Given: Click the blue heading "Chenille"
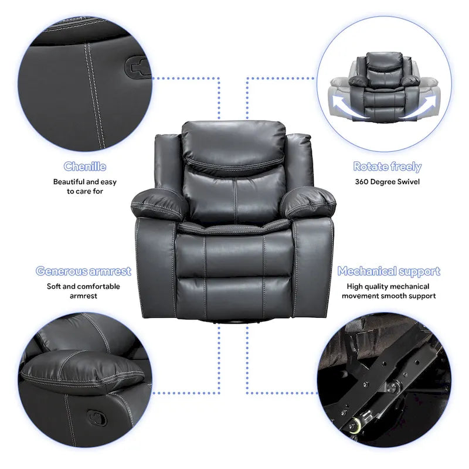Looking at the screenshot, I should tap(85, 166).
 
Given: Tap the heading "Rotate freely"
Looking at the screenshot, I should tap(387, 166).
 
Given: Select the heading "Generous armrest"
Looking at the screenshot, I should tap(83, 271).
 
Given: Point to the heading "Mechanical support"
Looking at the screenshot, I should tap(388, 271).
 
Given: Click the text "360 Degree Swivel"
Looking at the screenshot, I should tap(387, 182).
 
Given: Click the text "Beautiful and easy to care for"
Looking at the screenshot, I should tap(85, 186).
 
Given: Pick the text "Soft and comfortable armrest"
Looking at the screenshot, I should tap(83, 291).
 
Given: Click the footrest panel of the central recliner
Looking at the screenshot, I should tap(235, 293).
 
